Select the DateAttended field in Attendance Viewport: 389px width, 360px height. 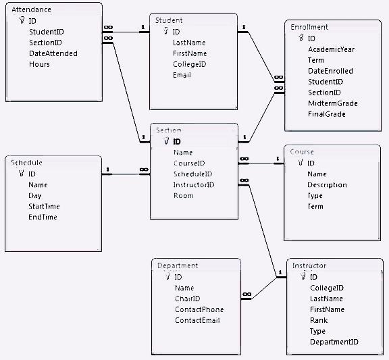(x=53, y=53)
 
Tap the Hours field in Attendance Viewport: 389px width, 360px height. (x=39, y=64)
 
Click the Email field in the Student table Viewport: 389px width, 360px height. (x=182, y=74)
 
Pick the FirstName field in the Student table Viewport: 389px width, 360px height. (x=189, y=53)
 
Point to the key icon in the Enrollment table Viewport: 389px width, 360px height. (x=301, y=38)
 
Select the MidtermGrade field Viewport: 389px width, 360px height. (x=332, y=103)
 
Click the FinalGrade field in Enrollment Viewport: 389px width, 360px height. (x=327, y=114)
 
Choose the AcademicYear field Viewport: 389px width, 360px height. (x=331, y=49)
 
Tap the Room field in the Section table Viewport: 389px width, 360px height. (x=183, y=195)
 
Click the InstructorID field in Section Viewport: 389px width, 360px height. (x=194, y=184)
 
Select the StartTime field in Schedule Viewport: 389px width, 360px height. (x=44, y=206)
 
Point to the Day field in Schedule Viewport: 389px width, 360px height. (x=35, y=195)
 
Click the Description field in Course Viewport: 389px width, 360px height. (x=327, y=184)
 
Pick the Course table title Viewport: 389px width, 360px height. (x=301, y=152)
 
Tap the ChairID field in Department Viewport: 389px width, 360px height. (x=187, y=298)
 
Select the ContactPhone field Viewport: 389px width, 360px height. (x=199, y=309)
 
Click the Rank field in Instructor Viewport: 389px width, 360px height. (x=318, y=320)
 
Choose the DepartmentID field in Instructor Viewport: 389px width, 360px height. (x=334, y=342)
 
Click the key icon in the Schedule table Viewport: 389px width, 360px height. (x=21, y=174)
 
